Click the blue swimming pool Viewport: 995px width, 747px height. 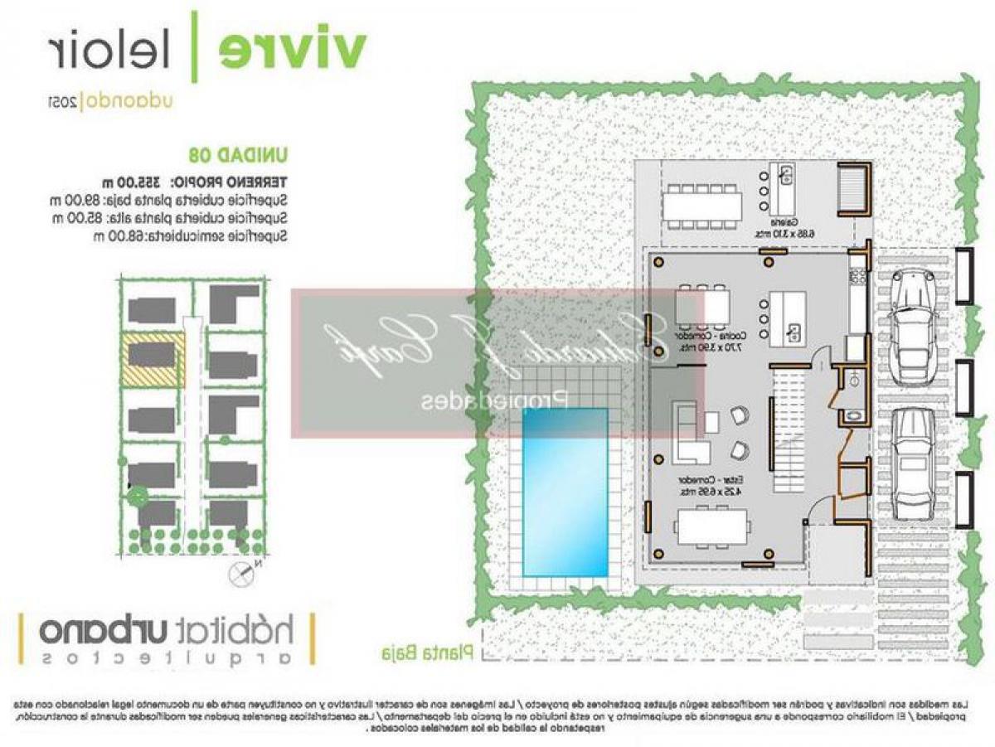click(565, 492)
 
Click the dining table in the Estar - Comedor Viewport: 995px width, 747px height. click(712, 526)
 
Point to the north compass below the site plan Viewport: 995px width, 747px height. click(243, 570)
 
